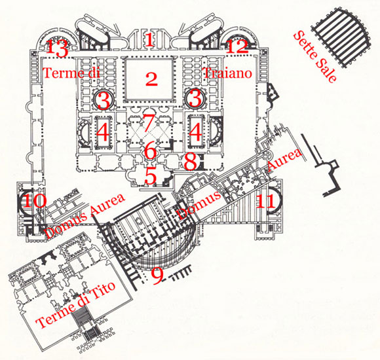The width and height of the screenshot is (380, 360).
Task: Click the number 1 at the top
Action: coord(149,39)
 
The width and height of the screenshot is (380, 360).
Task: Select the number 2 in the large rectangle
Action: coord(152,80)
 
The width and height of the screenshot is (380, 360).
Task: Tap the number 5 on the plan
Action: coord(151,175)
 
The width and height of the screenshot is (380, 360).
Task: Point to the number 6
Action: coord(150,151)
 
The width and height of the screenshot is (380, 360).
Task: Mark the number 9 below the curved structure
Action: coord(157,276)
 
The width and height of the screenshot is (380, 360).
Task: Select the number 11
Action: coord(266,200)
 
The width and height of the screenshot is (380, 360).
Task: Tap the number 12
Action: coord(239,46)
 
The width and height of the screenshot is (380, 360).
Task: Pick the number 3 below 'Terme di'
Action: coord(103,100)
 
